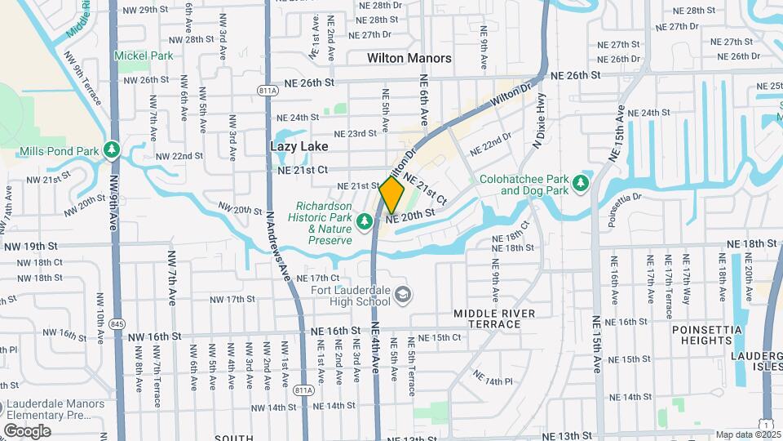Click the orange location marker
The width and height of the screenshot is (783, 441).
point(391,195)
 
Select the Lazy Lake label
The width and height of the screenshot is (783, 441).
point(299,146)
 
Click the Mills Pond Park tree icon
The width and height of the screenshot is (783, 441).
point(112,151)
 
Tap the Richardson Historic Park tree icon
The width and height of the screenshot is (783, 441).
point(366,219)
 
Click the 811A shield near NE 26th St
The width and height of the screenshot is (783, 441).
point(266,91)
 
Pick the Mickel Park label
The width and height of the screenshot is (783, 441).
point(144,56)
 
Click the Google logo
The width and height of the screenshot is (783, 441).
point(27,430)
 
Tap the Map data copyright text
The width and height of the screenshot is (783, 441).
point(747,434)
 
